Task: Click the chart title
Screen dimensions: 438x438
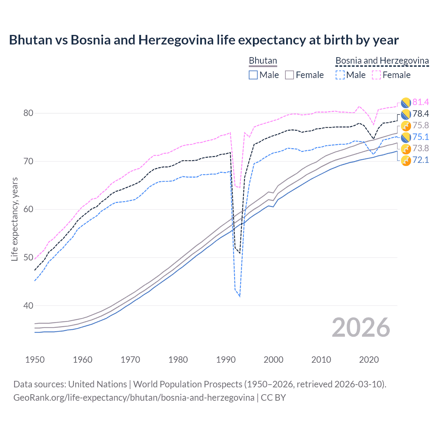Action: (204, 40)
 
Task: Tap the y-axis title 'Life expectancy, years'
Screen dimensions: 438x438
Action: (14, 219)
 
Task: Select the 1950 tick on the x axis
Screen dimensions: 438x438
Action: (35, 360)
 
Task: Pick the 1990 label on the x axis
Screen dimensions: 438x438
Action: (226, 360)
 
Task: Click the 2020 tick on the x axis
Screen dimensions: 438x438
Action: (369, 360)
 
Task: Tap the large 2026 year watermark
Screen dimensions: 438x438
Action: (361, 327)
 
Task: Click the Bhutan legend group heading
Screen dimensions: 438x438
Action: (263, 61)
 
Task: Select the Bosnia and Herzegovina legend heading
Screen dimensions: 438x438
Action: (382, 61)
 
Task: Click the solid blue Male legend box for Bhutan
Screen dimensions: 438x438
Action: (253, 75)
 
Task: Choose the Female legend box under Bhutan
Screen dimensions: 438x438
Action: (289, 75)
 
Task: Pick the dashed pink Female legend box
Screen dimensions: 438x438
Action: (376, 75)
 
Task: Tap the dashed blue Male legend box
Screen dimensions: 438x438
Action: (340, 75)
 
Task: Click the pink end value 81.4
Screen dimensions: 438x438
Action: (421, 102)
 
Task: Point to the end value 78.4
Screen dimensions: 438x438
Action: (421, 114)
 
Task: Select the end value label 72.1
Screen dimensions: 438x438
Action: (421, 160)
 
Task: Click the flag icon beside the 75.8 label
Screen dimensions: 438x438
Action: (406, 126)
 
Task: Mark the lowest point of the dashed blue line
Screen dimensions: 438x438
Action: (240, 296)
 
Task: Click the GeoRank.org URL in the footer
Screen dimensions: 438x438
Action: (134, 398)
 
